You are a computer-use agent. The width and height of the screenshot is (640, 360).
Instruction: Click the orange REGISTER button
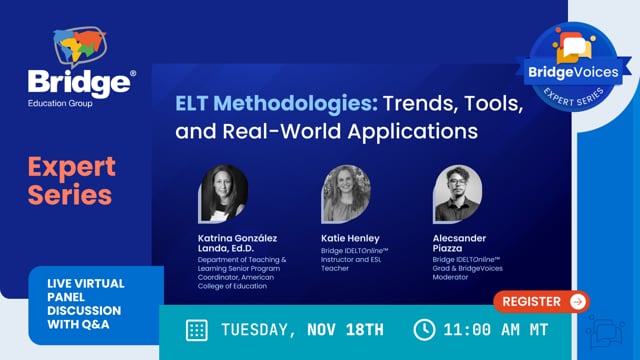541,301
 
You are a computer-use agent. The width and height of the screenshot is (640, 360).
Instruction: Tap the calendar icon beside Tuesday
197,329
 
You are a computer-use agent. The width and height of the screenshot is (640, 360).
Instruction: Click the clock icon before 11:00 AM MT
424,329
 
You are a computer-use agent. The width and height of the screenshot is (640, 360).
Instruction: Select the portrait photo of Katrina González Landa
224,194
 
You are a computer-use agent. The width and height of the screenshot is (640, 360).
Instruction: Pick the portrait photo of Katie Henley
346,194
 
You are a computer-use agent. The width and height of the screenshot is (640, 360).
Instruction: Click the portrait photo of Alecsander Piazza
458,194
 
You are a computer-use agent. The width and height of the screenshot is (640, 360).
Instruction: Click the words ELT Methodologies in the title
248,103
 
